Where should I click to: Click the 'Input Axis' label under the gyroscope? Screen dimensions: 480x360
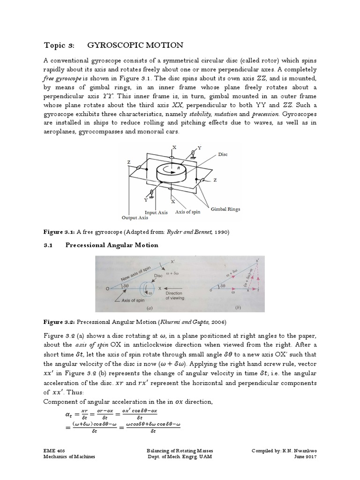[x=156, y=212]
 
